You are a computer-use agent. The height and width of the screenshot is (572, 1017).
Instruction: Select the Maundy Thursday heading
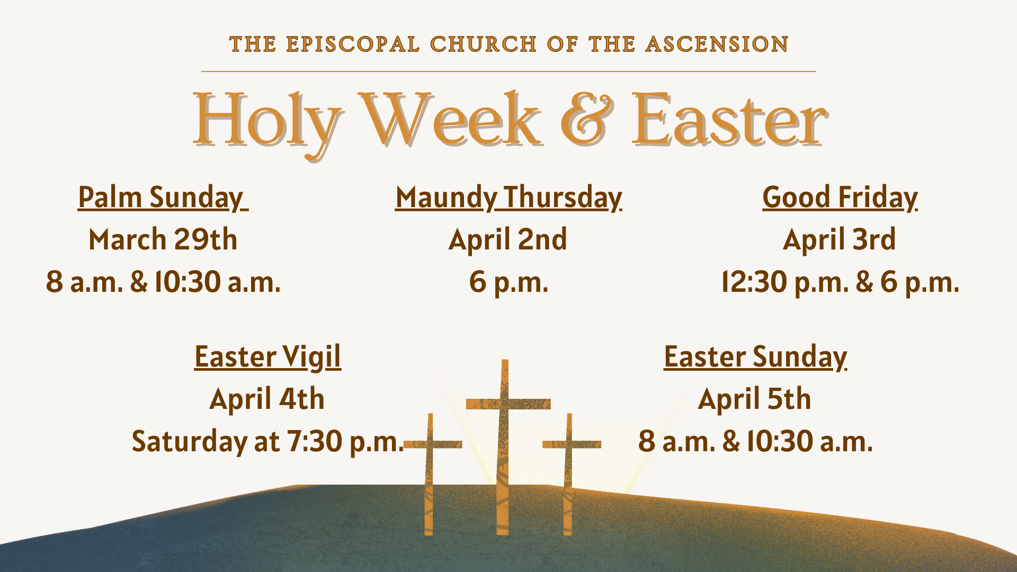tap(508, 198)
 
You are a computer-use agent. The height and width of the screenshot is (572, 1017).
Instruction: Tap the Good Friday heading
tap(840, 198)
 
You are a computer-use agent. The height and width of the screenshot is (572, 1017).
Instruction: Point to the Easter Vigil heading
tap(267, 358)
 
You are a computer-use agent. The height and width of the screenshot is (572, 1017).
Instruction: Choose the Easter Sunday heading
tap(755, 358)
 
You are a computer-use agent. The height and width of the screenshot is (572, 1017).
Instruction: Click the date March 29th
tap(163, 239)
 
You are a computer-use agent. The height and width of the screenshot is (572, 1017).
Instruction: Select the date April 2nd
tap(507, 239)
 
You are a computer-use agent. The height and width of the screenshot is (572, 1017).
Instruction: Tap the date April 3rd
tap(839, 239)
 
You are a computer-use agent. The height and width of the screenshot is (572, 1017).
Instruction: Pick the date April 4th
tap(267, 399)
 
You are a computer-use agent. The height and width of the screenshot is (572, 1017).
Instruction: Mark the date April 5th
tap(754, 399)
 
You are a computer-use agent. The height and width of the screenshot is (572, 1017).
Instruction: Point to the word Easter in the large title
tap(729, 120)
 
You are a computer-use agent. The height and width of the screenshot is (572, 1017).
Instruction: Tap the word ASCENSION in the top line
tap(717, 44)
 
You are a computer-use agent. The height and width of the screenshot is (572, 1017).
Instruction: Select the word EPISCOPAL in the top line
tap(353, 44)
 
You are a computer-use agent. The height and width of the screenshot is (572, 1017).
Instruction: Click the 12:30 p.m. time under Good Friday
tap(785, 282)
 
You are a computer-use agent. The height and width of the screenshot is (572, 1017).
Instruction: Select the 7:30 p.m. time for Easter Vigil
tap(345, 442)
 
